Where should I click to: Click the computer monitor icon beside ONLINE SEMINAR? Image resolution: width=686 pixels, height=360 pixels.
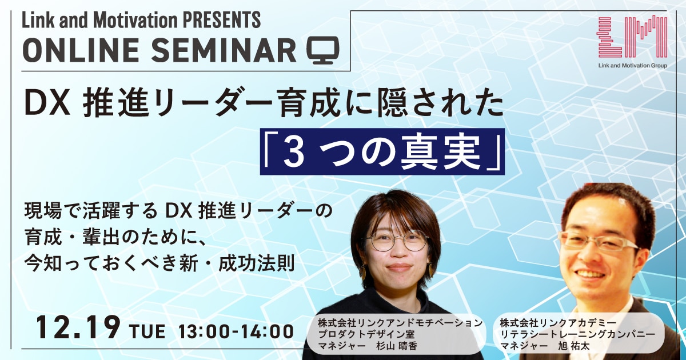coord(323,50)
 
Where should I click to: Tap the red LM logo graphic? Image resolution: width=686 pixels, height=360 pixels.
coord(632,37)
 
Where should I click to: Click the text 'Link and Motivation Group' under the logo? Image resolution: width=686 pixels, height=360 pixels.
coord(632,65)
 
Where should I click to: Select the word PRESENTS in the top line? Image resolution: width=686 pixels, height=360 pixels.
coord(222,20)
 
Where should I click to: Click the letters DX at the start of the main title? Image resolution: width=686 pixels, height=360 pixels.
coord(47,105)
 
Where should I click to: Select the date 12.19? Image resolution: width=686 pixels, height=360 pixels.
coord(78,327)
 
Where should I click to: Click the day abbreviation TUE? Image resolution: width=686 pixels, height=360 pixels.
coord(147,331)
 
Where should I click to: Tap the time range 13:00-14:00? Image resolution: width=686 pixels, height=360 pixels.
coord(236,331)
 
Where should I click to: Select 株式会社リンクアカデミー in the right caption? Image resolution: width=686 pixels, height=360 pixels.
coord(559,323)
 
